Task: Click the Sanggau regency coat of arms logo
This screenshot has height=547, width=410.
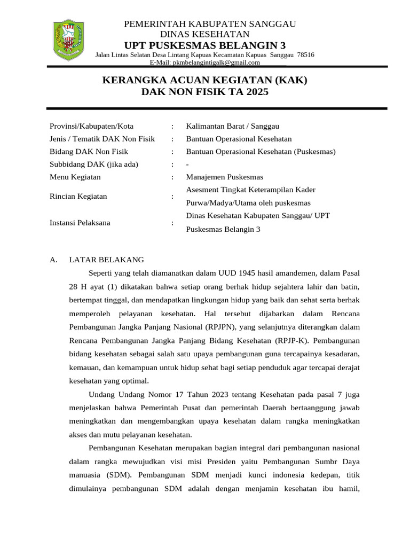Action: click(x=67, y=40)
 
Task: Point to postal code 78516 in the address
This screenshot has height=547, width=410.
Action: click(x=305, y=54)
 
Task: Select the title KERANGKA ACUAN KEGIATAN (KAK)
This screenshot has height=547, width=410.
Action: click(x=204, y=81)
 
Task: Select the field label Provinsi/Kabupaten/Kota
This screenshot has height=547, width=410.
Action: click(x=91, y=126)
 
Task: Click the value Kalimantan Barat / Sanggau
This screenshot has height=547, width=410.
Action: click(x=232, y=126)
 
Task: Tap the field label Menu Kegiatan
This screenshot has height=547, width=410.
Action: click(x=75, y=177)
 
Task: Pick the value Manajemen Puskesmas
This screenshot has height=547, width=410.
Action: click(x=224, y=177)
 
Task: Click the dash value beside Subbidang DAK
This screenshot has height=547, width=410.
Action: click(x=187, y=165)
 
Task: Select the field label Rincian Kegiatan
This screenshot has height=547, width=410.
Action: click(x=78, y=196)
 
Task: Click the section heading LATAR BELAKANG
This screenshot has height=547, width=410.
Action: click(x=106, y=260)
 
